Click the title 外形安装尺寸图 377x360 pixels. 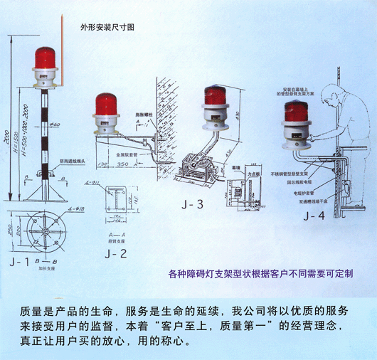pos(107,26)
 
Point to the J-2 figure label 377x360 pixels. pos(114,253)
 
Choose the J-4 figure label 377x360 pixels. pos(313,214)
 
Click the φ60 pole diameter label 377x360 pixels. pos(54,125)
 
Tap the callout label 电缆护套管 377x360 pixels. pos(288,192)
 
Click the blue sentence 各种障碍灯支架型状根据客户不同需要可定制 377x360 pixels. pos(259,273)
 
